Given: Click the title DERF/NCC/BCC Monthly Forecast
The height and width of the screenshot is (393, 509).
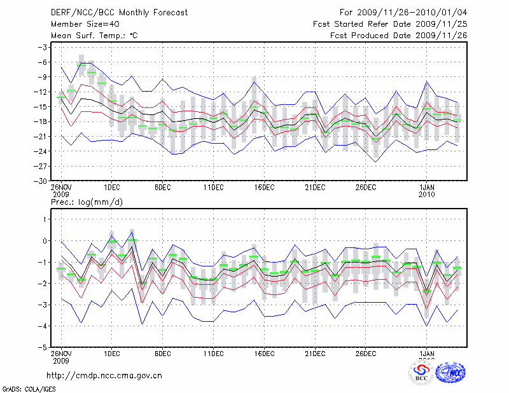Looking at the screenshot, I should point(121,12).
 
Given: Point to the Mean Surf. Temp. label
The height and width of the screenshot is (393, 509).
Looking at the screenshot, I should point(94,36).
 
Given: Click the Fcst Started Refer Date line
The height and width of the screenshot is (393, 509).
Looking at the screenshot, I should point(391,24).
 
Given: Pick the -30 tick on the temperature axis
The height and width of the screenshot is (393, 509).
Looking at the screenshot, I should point(41,181).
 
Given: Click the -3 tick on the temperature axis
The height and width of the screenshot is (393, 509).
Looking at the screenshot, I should point(43,47).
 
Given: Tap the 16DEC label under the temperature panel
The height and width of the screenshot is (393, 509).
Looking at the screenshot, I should point(264,188).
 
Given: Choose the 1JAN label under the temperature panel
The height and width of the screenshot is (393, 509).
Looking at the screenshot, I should point(428,188).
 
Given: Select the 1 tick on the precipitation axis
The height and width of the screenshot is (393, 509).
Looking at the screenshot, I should point(46,219).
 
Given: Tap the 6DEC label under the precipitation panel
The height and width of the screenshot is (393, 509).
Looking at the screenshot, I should point(162,354).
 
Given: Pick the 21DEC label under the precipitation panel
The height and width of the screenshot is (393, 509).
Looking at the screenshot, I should point(315,354).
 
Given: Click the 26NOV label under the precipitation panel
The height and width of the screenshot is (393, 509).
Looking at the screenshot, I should point(61,354).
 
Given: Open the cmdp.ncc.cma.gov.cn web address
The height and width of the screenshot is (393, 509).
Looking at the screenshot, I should point(104,375).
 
